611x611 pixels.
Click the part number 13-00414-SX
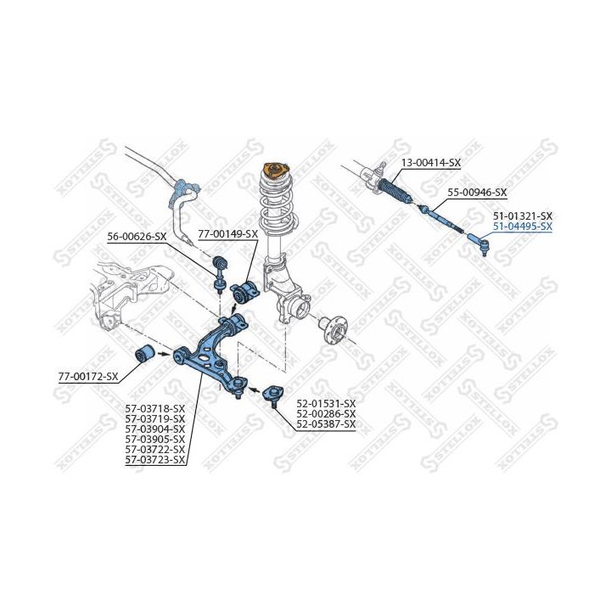[x=430, y=162]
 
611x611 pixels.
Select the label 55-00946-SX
[x=477, y=192]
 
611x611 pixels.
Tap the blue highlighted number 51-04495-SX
[x=523, y=227]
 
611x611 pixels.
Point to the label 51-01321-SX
[x=523, y=216]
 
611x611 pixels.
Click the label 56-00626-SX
[x=137, y=237]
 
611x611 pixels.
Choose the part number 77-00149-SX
[x=228, y=234]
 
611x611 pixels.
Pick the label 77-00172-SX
[x=88, y=377]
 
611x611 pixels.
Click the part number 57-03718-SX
[x=155, y=409]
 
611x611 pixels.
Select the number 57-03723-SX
[x=155, y=460]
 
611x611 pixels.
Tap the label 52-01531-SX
[x=326, y=403]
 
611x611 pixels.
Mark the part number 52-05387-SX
[x=326, y=424]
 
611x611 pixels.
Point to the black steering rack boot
[x=395, y=190]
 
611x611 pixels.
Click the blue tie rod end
[x=478, y=244]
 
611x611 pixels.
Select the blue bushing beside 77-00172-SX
[x=145, y=353]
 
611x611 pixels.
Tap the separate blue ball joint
[x=273, y=395]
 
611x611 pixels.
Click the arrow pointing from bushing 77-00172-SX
[x=163, y=354]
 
